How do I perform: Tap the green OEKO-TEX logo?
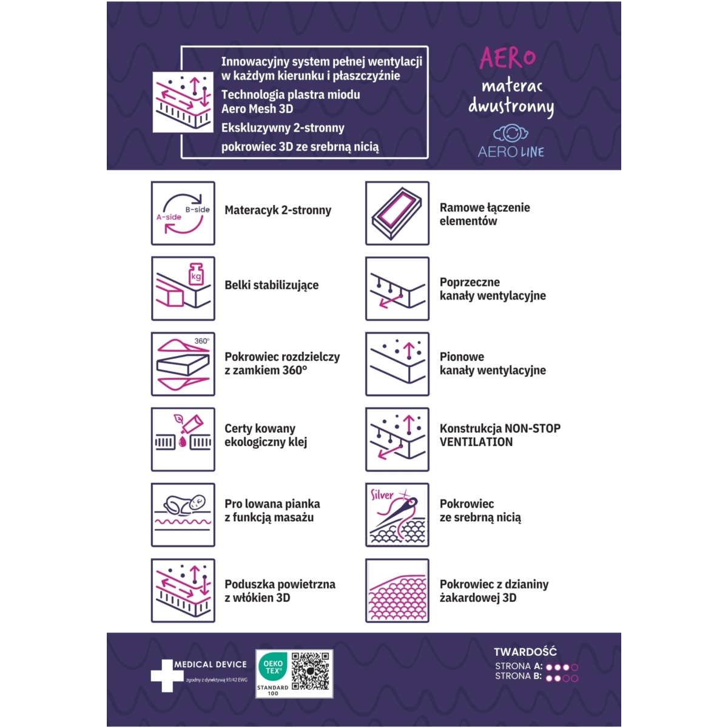[273, 667]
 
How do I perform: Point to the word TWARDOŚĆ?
[525, 652]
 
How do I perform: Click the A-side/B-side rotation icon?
[183, 214]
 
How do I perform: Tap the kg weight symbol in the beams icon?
[196, 274]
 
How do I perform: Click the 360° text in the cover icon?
[202, 341]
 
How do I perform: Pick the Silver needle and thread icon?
[397, 514]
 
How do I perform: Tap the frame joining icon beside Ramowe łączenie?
[397, 214]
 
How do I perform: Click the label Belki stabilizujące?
[272, 286]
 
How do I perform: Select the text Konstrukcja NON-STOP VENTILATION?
[500, 435]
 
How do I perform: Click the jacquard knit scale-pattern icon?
[397, 590]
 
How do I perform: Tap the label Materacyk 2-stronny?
[278, 210]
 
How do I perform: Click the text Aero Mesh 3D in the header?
[257, 109]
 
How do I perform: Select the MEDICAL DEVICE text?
[211, 664]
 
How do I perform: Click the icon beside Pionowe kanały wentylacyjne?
[397, 364]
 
